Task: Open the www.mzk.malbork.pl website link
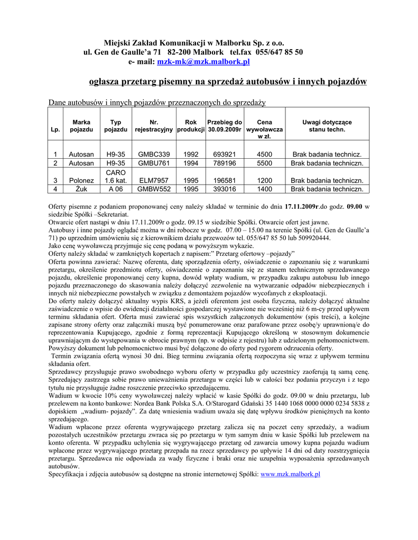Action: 291,474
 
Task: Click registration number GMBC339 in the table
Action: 154,155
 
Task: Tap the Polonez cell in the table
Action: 81,180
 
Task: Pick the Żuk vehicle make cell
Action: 81,189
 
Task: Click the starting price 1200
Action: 264,180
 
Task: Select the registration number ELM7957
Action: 154,180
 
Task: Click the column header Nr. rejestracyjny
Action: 154,126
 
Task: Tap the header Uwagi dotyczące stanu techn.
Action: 327,126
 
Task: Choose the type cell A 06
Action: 115,189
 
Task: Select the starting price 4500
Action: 264,155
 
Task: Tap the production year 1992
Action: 191,155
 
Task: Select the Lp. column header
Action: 55,129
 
